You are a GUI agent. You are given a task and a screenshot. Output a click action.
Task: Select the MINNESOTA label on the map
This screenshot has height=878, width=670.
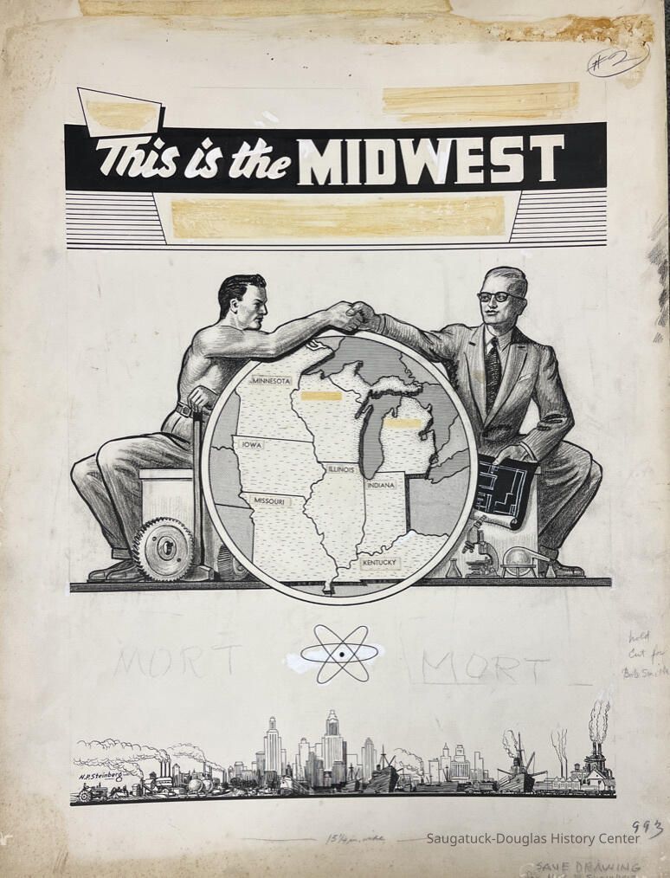271,380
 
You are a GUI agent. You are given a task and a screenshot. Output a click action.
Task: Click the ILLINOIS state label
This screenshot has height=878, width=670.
340,468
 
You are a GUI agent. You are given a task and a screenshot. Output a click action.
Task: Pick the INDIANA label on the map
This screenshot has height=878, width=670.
380,485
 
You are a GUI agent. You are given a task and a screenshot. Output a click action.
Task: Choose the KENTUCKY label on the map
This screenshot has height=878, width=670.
378,563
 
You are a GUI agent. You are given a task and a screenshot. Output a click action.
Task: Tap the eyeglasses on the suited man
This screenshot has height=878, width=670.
499,296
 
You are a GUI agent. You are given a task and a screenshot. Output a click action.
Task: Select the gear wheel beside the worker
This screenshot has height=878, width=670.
162,548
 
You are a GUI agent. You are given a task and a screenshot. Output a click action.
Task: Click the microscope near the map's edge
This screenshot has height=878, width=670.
475,551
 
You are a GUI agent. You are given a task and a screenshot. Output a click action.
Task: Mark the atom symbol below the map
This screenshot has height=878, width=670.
339,654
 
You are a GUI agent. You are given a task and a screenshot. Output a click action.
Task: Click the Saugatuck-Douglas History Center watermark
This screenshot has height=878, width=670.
532,838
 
